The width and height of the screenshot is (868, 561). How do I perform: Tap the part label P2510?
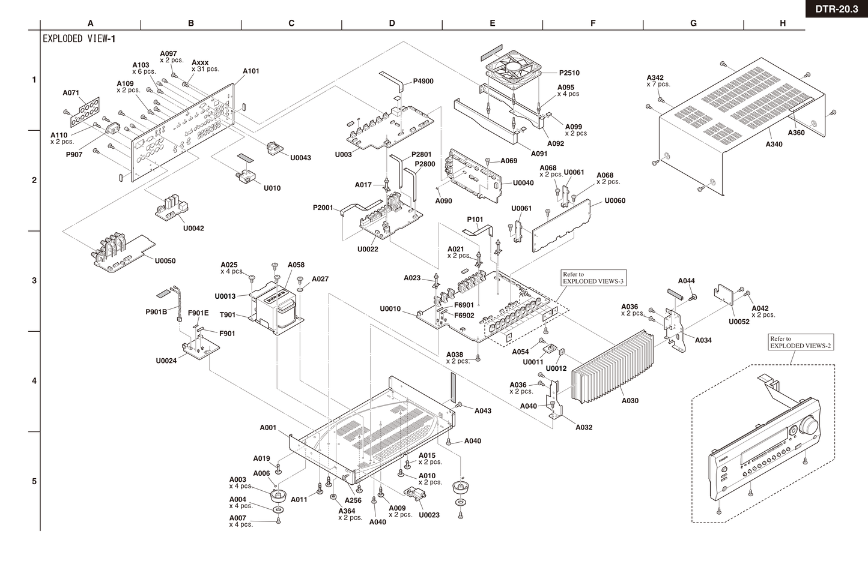tap(569, 73)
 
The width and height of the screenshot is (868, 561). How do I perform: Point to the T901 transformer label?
tap(228, 314)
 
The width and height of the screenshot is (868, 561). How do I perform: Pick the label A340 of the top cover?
tap(774, 144)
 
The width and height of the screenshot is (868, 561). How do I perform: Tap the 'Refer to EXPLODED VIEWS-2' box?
tap(800, 343)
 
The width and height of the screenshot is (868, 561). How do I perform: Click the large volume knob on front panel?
tap(809, 426)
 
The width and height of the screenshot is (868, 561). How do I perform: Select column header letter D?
tap(392, 23)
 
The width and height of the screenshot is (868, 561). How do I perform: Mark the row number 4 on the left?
tap(34, 380)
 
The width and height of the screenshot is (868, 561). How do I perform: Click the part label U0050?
tap(165, 261)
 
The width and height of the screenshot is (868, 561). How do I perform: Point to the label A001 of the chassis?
tap(268, 428)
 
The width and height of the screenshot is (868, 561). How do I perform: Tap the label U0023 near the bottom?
tap(429, 515)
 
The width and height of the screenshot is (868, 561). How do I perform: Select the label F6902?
tap(464, 316)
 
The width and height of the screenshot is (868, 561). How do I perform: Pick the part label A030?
tap(630, 401)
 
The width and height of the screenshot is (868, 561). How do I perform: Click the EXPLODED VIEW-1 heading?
tap(79, 39)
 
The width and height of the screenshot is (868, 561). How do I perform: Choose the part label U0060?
tap(615, 200)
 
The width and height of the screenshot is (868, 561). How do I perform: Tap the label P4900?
tap(423, 81)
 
